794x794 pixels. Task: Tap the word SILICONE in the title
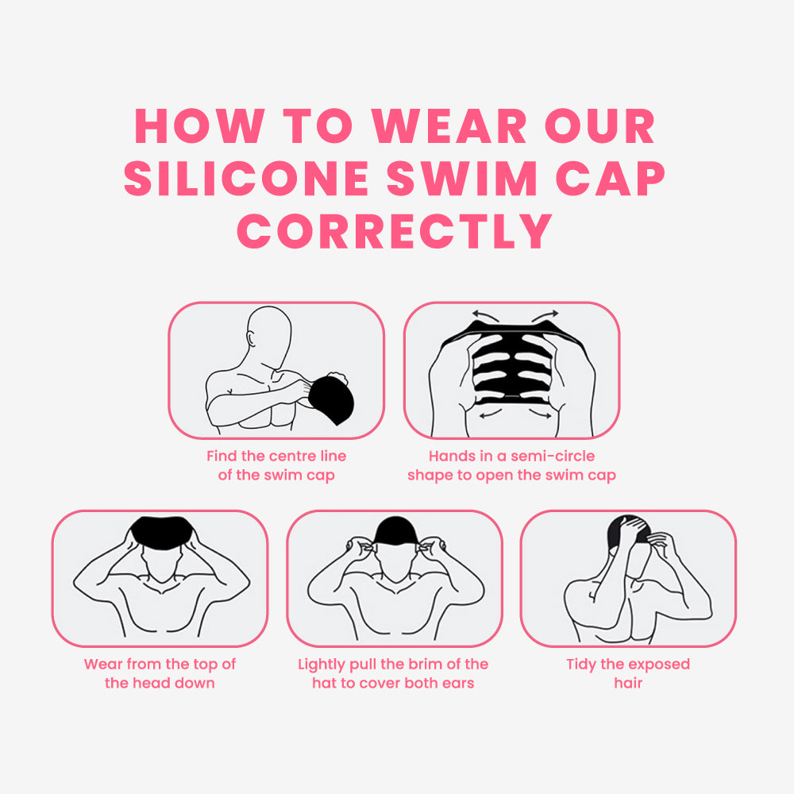[x=246, y=178]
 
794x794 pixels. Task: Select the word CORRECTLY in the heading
[x=395, y=231]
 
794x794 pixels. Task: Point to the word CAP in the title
[x=610, y=178]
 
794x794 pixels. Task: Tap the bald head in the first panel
[x=269, y=335]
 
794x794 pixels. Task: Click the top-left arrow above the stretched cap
[x=485, y=316]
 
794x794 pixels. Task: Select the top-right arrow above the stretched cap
[x=545, y=316]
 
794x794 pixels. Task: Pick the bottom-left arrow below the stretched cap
[x=490, y=414]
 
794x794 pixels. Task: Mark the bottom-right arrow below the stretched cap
[x=540, y=414]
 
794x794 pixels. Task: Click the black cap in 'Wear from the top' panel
[x=162, y=532]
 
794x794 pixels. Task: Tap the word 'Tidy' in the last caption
[x=581, y=665]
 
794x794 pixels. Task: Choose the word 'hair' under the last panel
[x=628, y=683]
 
